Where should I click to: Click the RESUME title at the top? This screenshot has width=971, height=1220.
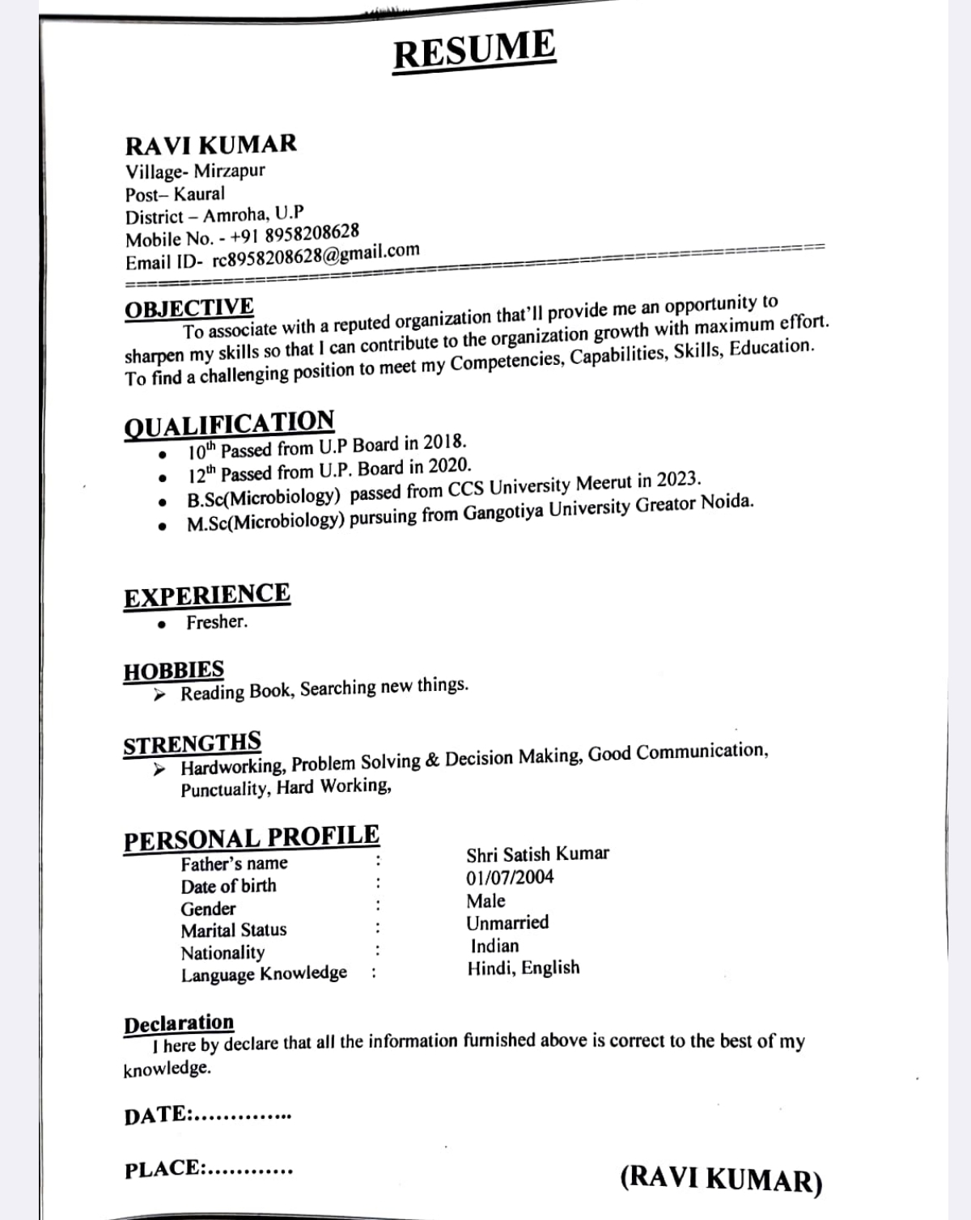coord(474,49)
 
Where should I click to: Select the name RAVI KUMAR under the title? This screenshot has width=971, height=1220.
coord(211,145)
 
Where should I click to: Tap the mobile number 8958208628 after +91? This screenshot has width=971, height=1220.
coord(312,233)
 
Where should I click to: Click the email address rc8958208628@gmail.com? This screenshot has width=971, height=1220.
coord(316,255)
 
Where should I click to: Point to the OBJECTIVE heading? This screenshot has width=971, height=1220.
coord(189,308)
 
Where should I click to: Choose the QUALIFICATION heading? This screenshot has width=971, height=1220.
coord(229,423)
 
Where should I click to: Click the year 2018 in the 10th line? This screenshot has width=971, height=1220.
coord(444,442)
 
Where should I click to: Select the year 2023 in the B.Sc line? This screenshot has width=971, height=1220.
coord(677,480)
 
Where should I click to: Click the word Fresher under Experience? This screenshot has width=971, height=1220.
coord(216,622)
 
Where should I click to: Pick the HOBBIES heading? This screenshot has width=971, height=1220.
coord(173,671)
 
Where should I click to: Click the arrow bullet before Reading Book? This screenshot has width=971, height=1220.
coord(160,695)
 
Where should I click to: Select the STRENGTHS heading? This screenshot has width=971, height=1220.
coord(192,743)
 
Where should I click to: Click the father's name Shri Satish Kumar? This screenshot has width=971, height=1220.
coord(537,854)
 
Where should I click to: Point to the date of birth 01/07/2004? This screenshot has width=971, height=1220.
coord(510,878)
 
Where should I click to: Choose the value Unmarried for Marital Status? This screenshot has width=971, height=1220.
coord(507,923)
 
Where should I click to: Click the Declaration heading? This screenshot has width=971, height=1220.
coord(179,1023)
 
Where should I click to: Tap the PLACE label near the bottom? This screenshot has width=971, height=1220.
coord(163,1168)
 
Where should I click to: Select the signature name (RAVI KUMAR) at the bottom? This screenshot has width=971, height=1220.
coord(721,1179)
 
